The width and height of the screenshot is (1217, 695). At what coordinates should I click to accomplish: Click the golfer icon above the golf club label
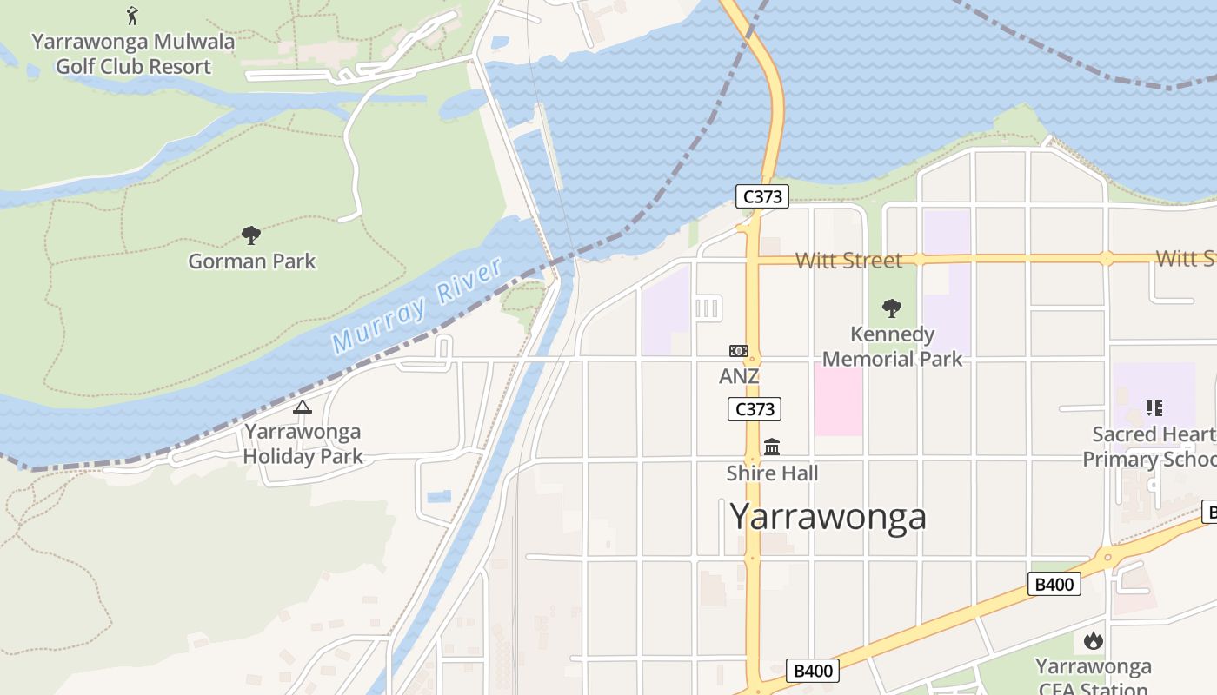(132, 15)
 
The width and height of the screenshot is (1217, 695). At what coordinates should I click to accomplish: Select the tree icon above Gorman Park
(251, 235)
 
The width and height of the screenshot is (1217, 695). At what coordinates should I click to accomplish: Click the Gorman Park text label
(252, 261)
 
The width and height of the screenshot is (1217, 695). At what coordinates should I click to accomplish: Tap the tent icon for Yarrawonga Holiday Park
(303, 407)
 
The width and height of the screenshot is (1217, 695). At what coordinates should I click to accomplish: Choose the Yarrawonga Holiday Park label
(303, 443)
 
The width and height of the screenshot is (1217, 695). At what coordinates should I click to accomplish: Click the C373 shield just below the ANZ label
(755, 409)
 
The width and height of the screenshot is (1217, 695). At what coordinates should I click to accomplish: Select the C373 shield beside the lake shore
(762, 196)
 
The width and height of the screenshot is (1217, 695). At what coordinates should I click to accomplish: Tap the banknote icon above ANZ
(739, 351)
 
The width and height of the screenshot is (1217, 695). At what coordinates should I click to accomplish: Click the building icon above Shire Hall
(772, 447)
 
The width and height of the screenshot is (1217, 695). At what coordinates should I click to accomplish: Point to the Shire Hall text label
(772, 473)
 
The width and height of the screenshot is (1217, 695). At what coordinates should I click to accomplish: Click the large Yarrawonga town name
(828, 516)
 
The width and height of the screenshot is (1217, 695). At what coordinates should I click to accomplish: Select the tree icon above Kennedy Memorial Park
(891, 308)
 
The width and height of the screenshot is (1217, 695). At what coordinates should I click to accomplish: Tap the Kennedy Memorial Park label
(892, 347)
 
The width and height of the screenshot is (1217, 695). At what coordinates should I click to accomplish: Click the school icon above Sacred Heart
(1154, 407)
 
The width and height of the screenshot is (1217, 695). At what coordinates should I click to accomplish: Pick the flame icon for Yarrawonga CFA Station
(1094, 641)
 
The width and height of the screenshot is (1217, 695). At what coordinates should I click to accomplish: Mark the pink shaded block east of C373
(839, 400)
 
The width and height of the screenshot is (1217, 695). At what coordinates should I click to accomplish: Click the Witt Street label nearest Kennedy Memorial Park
(848, 260)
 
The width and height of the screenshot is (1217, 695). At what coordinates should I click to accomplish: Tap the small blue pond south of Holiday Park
(439, 496)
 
